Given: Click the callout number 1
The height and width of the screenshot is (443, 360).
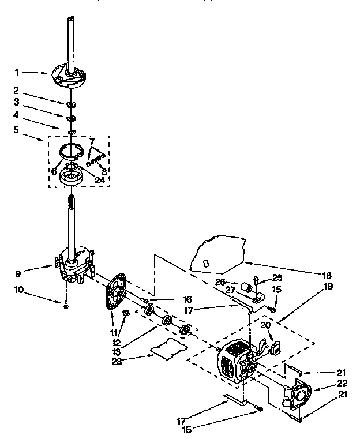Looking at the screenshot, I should click(x=17, y=73).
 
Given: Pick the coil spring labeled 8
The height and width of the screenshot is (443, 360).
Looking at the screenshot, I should click(x=99, y=157).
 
